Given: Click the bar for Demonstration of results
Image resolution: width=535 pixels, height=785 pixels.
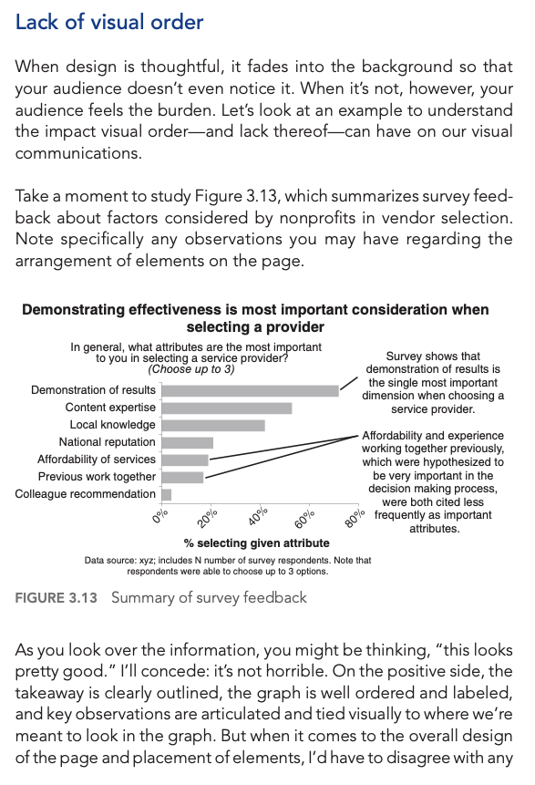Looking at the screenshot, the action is pyautogui.click(x=251, y=390).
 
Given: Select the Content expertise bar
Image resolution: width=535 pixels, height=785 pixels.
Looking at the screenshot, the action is pyautogui.click(x=227, y=408).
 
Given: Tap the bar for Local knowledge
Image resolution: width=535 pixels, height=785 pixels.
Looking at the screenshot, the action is pyautogui.click(x=213, y=426).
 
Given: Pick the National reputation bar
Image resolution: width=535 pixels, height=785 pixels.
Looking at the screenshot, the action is pyautogui.click(x=187, y=442).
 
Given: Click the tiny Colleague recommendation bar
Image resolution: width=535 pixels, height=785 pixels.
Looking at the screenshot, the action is pyautogui.click(x=167, y=495).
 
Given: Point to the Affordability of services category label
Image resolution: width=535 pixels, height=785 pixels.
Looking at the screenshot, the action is pyautogui.click(x=96, y=460).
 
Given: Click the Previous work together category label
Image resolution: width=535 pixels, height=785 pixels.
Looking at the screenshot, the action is pyautogui.click(x=97, y=477).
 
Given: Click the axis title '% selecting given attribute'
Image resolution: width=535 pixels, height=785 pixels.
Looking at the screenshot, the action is pyautogui.click(x=256, y=543).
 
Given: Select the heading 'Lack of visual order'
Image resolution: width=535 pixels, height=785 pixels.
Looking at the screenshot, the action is pyautogui.click(x=109, y=22).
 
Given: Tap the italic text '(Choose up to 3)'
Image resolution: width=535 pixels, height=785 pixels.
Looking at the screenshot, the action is pyautogui.click(x=190, y=369).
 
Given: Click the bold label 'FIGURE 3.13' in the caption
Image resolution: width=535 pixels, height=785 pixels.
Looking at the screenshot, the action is pyautogui.click(x=57, y=598).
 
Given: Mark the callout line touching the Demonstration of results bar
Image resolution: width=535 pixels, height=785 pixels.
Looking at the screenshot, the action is pyautogui.click(x=348, y=383).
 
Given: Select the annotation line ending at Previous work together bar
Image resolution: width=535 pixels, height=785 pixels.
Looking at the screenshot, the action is pyautogui.click(x=283, y=457).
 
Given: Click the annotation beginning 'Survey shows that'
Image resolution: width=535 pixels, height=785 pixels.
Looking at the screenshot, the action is pyautogui.click(x=433, y=383).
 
